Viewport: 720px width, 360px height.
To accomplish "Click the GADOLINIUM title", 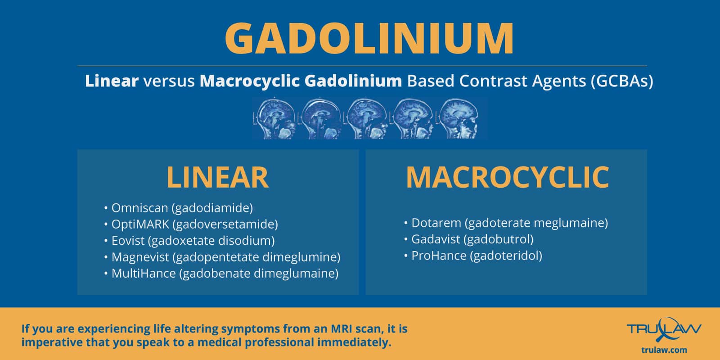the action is click(x=369, y=38).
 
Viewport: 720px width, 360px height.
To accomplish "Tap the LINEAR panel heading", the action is click(x=218, y=177).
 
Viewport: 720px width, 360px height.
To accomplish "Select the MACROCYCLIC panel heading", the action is click(x=507, y=177).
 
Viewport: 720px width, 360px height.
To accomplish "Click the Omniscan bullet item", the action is click(x=179, y=208).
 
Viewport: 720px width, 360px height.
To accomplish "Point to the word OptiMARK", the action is click(x=140, y=224).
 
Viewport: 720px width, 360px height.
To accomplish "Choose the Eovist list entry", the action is click(x=189, y=241).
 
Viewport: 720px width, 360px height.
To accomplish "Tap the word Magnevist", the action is click(x=140, y=257).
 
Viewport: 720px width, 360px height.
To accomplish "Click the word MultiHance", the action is click(x=144, y=273).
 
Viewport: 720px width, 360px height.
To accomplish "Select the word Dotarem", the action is click(x=436, y=223).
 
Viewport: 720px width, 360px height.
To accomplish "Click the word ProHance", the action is click(x=439, y=256).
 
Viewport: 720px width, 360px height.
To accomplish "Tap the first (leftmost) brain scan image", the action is click(x=275, y=119).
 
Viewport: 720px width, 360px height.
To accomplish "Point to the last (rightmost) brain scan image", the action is click(x=458, y=119).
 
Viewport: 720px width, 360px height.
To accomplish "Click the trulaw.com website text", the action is click(x=664, y=350).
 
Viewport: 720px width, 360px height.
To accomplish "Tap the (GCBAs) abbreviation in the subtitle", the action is click(x=622, y=81).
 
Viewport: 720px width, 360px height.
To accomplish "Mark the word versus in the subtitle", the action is click(x=169, y=81).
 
